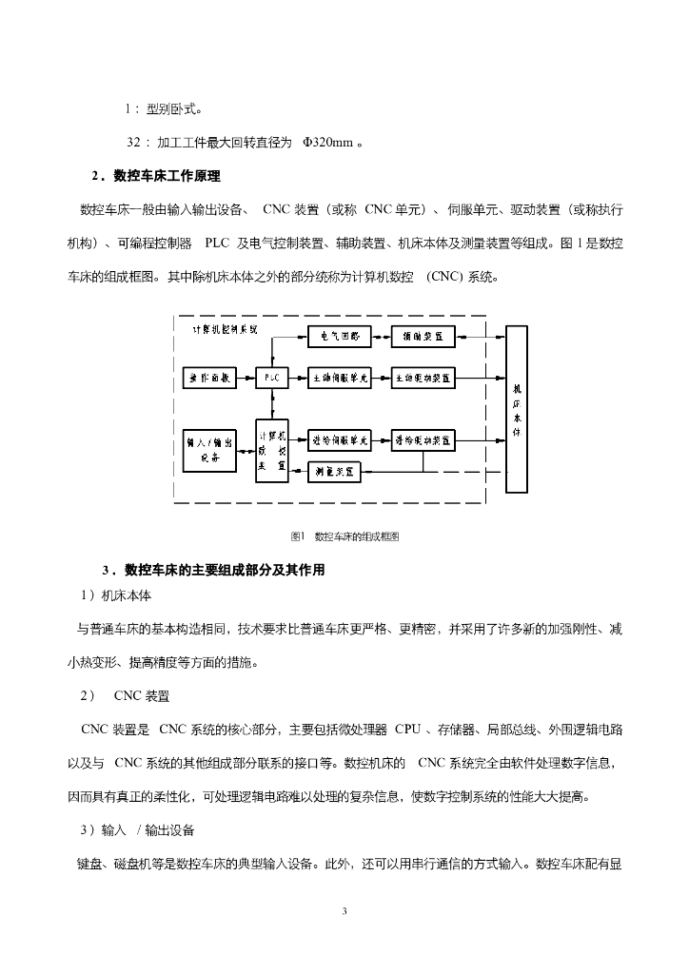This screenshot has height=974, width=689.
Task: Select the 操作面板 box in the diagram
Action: point(209,377)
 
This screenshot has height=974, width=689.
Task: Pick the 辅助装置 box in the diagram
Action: point(423,337)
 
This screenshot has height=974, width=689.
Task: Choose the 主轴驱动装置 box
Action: point(423,377)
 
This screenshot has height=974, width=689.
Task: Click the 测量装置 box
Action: point(335,471)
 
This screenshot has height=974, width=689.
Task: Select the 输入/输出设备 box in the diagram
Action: point(209,449)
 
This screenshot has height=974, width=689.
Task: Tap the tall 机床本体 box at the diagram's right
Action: point(517,409)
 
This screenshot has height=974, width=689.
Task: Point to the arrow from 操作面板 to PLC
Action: point(246,377)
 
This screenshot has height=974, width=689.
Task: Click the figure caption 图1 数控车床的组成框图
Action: point(344,536)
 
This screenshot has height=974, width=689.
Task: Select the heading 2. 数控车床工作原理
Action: point(156,176)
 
